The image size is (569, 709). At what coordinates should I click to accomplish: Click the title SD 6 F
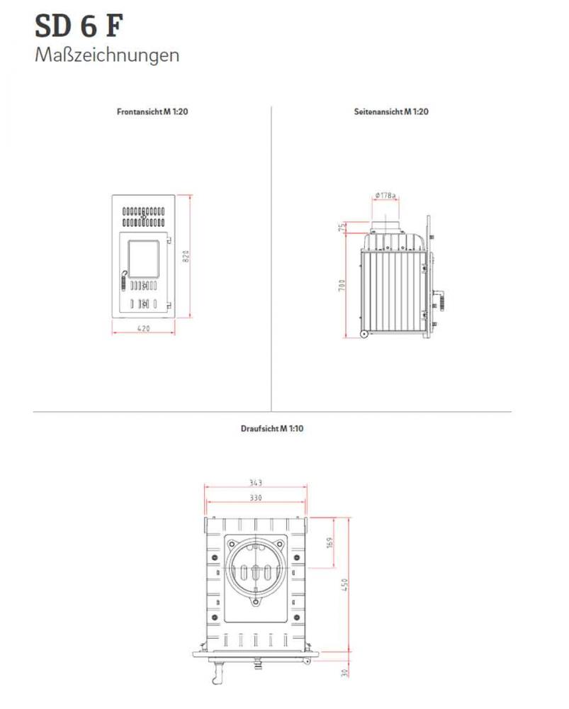point(79,26)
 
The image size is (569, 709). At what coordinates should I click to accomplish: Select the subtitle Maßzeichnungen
point(107,55)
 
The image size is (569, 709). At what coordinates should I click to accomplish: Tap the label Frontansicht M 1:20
point(152,112)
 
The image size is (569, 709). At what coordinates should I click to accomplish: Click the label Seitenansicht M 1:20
point(391,112)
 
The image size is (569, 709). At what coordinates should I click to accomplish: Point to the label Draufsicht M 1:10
point(272,429)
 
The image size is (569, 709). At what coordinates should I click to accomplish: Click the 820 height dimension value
point(186,257)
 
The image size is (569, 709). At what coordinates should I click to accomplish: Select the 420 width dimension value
point(144,328)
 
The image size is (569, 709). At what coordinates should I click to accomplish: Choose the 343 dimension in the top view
point(256,483)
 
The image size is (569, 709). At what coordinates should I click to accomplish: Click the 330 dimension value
point(256,498)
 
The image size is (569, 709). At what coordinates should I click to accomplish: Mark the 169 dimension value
point(330,544)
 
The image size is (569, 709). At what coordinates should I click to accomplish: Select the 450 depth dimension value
point(345,585)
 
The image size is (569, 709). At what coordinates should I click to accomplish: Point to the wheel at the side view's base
point(364,334)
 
